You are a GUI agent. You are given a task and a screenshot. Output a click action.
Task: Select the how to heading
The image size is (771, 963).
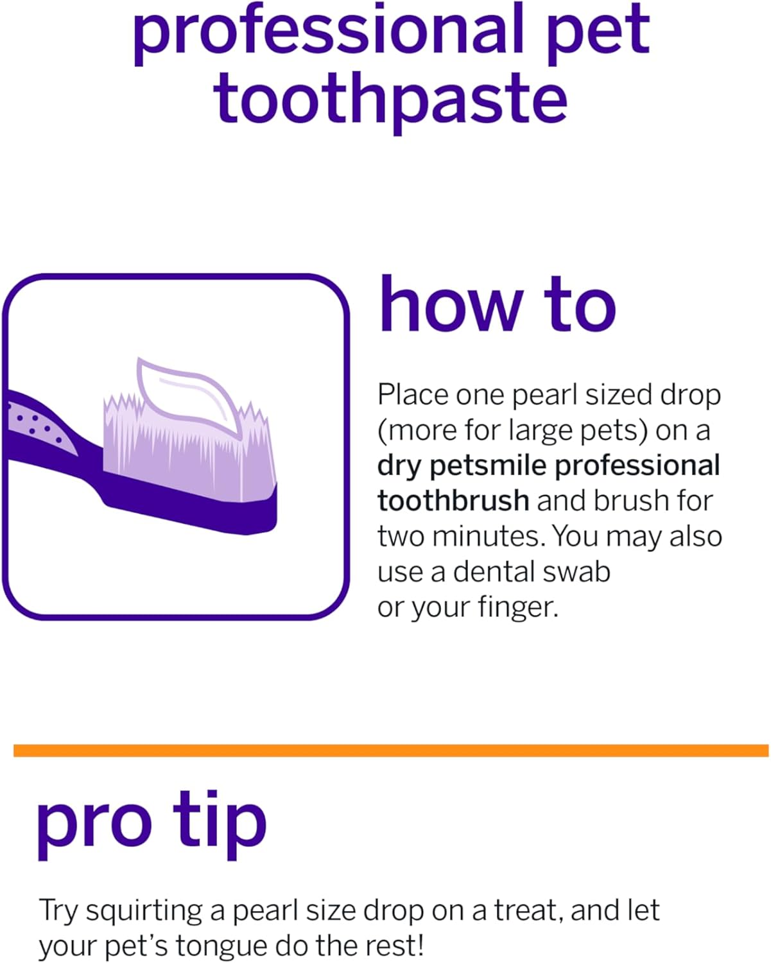point(497,305)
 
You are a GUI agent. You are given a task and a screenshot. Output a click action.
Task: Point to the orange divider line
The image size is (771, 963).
point(390,750)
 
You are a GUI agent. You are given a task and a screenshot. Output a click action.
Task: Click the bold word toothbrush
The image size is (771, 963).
point(453,501)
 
